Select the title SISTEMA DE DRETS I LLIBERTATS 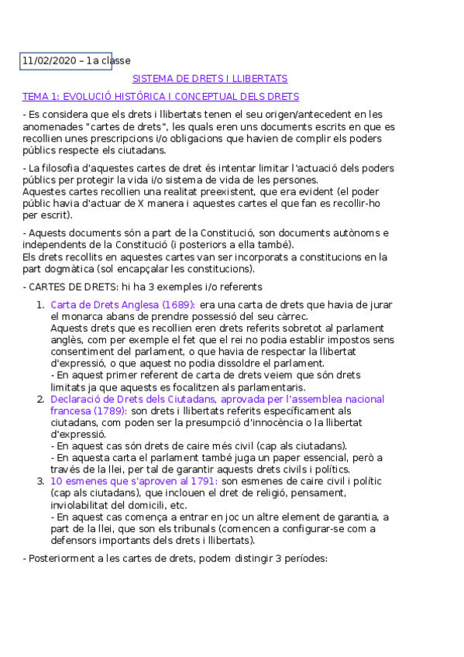tap(210, 79)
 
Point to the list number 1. tap(40, 305)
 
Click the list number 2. tap(40, 399)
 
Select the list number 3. tap(40, 481)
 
